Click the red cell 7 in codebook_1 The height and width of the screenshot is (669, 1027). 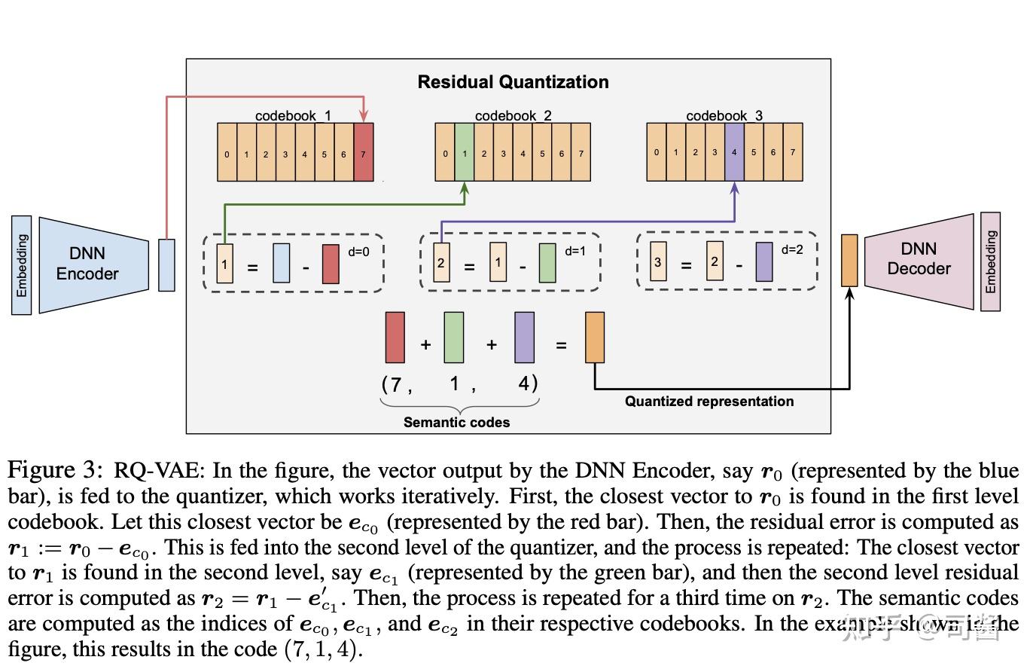(x=363, y=154)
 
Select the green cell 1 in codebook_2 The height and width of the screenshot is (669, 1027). (x=465, y=154)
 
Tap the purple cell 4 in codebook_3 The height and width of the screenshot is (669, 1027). (x=734, y=154)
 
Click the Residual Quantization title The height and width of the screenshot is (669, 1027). (x=513, y=82)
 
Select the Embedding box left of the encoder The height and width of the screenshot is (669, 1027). (x=22, y=265)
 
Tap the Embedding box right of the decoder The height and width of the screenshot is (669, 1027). (x=990, y=261)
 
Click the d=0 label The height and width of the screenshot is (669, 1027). (x=358, y=252)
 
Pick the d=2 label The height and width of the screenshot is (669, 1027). (x=792, y=249)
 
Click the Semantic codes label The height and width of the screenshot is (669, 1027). (x=456, y=423)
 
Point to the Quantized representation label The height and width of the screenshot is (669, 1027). (x=709, y=402)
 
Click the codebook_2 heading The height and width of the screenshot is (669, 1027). (x=513, y=116)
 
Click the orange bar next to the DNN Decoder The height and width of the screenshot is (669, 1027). (x=849, y=260)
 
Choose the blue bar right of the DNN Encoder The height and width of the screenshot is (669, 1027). (x=166, y=264)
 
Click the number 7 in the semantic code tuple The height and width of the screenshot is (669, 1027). (x=395, y=384)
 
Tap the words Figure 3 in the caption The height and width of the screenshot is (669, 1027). (x=54, y=471)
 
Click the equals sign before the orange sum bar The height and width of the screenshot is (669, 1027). (x=561, y=345)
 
